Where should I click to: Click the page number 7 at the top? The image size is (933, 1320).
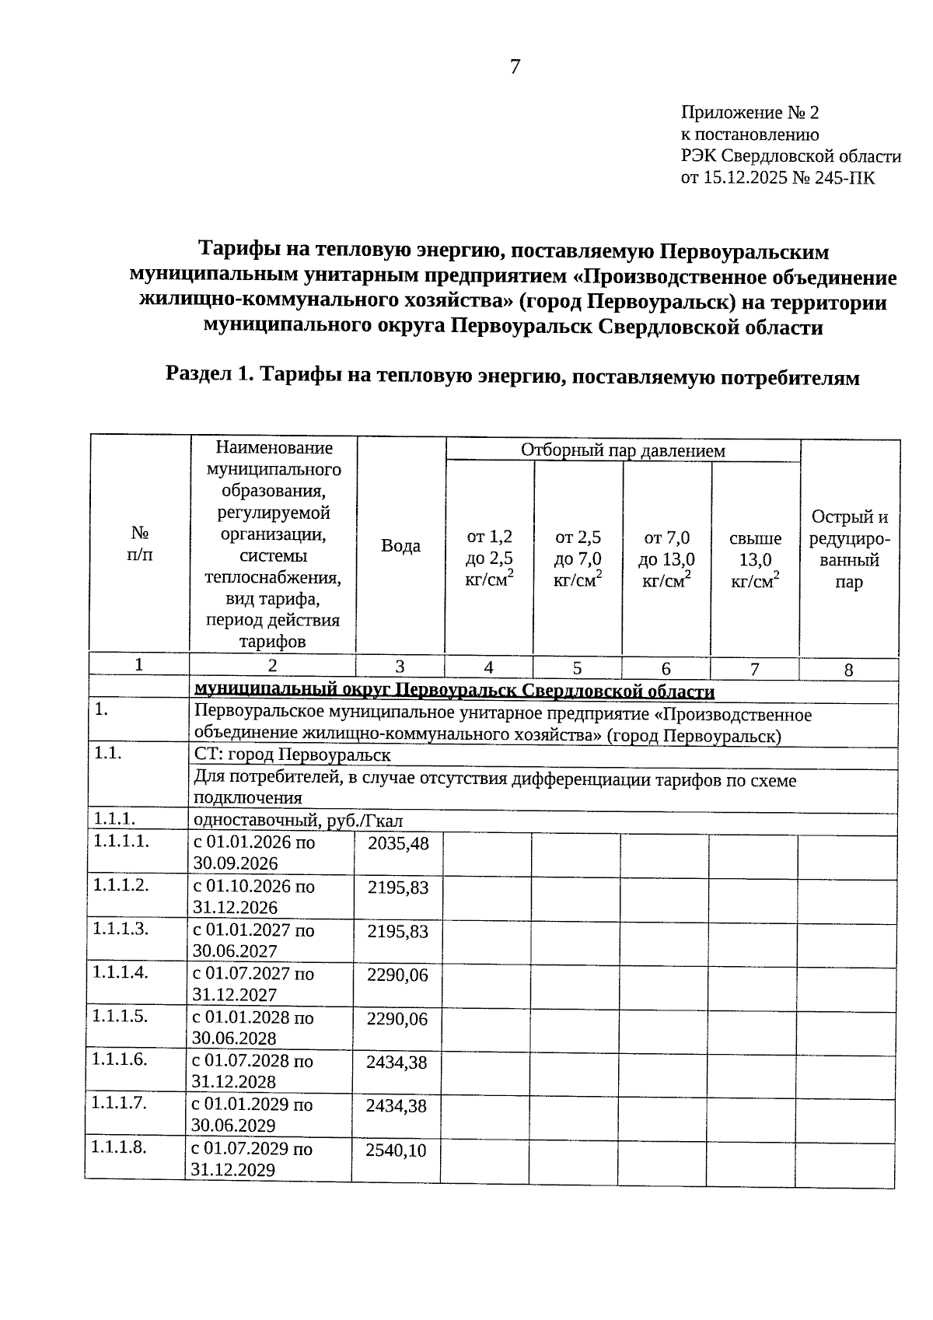(x=515, y=67)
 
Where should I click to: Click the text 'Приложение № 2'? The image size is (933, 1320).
(x=750, y=113)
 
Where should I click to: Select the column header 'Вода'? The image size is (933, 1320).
(x=400, y=546)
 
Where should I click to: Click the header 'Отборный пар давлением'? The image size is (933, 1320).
(x=623, y=450)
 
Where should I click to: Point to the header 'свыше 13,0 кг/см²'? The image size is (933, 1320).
(x=755, y=560)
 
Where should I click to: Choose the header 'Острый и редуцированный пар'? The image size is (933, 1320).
(x=849, y=549)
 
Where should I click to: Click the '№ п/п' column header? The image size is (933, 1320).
(x=140, y=544)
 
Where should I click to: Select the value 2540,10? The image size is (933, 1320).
(x=396, y=1150)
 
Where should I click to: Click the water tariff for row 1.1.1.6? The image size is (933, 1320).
(x=397, y=1063)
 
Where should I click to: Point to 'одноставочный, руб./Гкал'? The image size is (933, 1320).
(x=298, y=821)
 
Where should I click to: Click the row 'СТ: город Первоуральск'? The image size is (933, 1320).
(x=292, y=755)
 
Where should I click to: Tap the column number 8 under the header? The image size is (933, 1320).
(x=848, y=670)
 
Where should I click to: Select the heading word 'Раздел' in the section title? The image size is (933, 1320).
(x=197, y=374)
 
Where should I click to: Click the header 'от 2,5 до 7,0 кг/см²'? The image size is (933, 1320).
(x=578, y=560)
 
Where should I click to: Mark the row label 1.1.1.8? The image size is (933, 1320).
(x=119, y=1147)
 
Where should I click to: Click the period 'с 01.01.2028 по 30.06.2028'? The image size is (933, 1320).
(x=253, y=1028)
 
